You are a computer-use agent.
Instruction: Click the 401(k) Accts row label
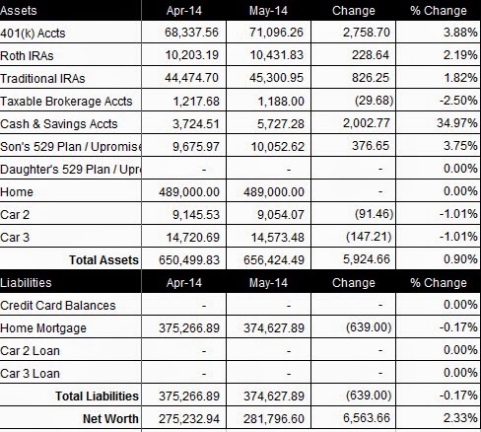click(33, 34)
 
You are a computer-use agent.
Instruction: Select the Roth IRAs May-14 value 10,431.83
click(277, 55)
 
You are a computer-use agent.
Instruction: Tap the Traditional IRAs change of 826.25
click(371, 78)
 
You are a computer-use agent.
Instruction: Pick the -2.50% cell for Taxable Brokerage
click(458, 101)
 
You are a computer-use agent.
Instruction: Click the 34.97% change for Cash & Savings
click(457, 123)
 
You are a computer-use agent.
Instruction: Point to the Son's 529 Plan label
click(71, 147)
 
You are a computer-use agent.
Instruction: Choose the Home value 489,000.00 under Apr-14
click(189, 191)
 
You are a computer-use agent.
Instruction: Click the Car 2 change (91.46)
click(374, 214)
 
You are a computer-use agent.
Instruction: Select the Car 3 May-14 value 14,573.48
click(278, 237)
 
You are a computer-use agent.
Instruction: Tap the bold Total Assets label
click(103, 260)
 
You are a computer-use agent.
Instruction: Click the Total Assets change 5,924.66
click(367, 259)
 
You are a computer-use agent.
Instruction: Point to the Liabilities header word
click(26, 283)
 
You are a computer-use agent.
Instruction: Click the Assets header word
click(19, 11)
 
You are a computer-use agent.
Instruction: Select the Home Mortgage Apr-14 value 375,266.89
click(189, 327)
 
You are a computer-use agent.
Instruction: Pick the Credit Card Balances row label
click(58, 306)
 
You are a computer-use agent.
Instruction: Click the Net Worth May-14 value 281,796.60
click(274, 418)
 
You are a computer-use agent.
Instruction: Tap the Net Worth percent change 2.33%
click(460, 418)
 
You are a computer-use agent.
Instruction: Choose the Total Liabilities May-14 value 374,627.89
click(274, 396)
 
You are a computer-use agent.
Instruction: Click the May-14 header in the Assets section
click(268, 11)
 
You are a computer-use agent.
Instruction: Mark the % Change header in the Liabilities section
click(439, 283)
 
